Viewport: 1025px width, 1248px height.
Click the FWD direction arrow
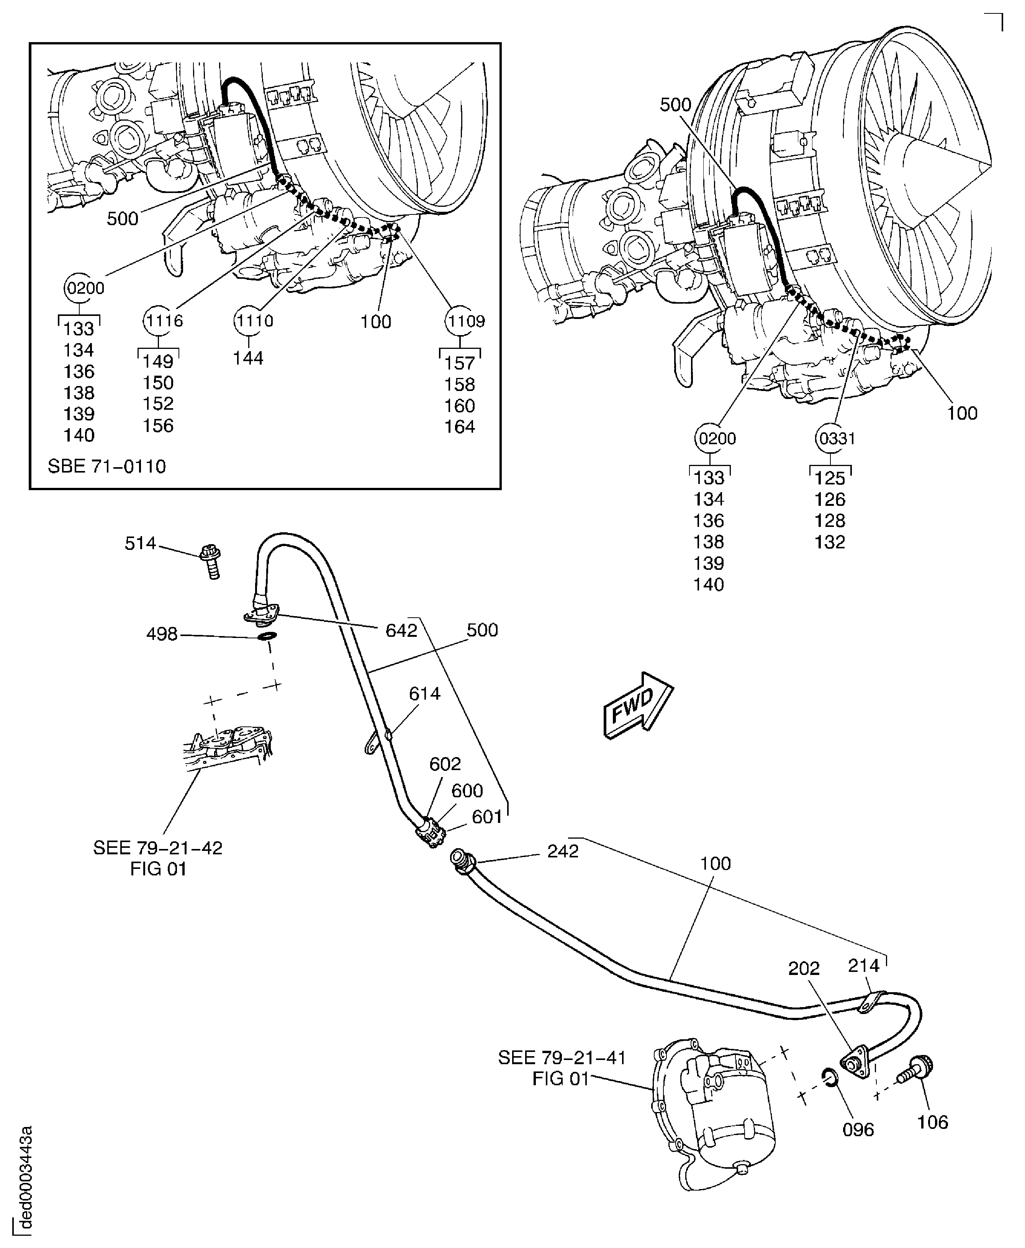638,705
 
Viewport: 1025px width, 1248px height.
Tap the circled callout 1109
465,321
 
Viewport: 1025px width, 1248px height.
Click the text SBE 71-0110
107,466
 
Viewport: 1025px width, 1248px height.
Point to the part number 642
401,630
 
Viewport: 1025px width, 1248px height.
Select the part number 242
563,851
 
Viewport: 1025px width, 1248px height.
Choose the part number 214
863,966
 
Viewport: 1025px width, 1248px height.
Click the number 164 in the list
459,427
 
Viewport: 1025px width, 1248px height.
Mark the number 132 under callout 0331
830,542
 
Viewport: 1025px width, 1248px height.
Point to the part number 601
486,817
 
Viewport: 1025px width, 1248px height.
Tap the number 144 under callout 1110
248,358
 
